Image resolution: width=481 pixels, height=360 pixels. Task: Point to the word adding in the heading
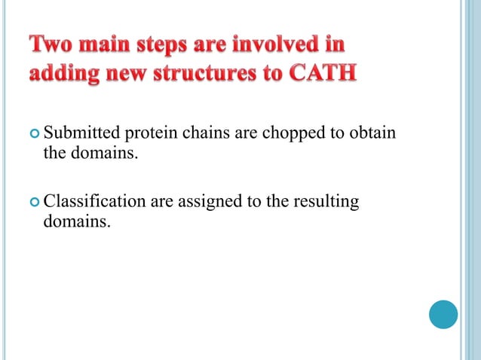[x=63, y=76]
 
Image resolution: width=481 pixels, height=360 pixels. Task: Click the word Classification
[x=94, y=202]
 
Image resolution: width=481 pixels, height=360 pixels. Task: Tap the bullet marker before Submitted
[x=33, y=135]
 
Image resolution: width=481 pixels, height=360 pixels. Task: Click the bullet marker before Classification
[x=33, y=203]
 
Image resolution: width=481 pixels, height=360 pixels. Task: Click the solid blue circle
[x=443, y=314]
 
